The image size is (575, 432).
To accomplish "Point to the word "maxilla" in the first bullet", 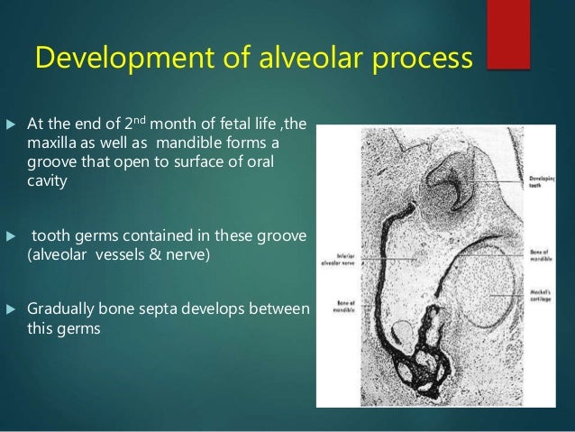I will tap(56, 143).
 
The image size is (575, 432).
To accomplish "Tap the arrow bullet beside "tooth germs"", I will tap(12, 236).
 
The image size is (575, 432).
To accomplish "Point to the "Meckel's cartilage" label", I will tap(537, 296).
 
